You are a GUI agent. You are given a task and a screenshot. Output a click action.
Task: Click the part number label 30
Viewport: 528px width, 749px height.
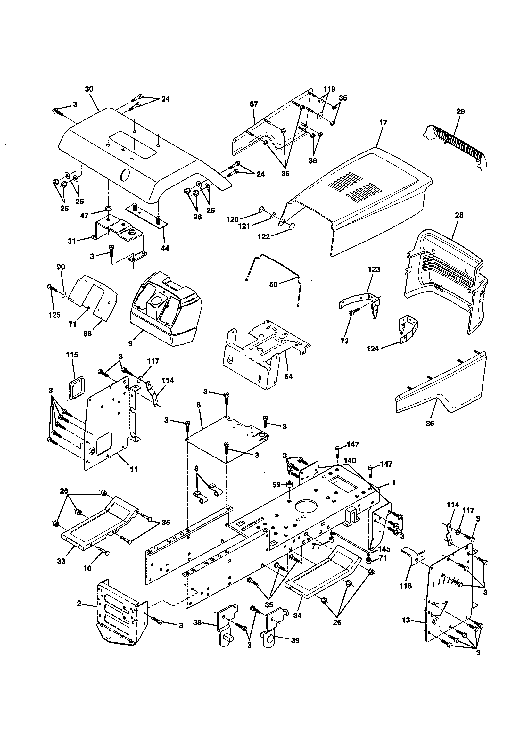[x=89, y=89]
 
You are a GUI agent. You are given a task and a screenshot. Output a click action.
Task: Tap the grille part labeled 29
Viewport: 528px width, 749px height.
[x=457, y=144]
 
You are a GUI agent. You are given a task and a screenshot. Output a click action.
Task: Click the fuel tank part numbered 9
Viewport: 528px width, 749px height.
[x=166, y=313]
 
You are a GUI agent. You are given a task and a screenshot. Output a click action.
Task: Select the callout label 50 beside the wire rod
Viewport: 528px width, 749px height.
[x=273, y=284]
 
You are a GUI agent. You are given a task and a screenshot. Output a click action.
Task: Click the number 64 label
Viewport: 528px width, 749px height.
[x=288, y=376]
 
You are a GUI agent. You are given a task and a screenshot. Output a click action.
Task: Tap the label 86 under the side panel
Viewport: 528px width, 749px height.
[x=430, y=424]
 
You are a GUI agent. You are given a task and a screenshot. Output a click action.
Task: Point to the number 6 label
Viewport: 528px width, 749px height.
[x=198, y=405]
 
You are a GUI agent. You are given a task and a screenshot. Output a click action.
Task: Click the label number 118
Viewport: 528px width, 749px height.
[x=406, y=586]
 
